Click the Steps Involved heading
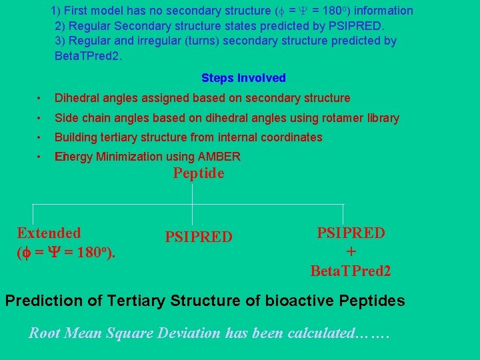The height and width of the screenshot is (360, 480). [243, 78]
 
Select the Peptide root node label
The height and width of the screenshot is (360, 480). [199, 174]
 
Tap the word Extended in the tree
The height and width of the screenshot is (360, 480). [49, 233]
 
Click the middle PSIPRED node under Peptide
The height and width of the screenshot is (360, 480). [199, 237]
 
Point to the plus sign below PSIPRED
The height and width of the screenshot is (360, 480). [351, 252]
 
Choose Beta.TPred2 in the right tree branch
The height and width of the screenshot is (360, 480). [351, 271]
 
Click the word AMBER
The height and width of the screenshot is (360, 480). [219, 157]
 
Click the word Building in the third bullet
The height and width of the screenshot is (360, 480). [75, 138]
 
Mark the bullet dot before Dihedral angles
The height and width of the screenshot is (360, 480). [41, 99]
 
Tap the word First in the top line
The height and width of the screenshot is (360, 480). [76, 11]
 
